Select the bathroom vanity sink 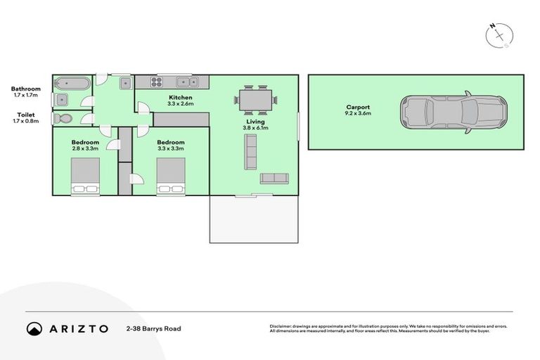61,99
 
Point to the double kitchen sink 186,82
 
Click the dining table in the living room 255,100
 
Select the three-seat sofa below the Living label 250,152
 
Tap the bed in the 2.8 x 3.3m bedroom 85,176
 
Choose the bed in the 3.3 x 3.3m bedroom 171,176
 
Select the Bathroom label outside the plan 25,89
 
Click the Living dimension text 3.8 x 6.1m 256,128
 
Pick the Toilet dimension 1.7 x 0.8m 25,120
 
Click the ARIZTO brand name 78,328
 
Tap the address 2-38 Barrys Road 153,328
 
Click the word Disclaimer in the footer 283,326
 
